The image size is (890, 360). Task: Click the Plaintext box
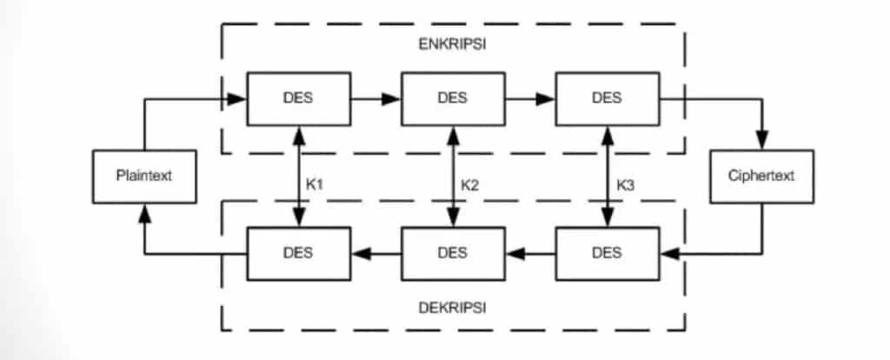coord(143,177)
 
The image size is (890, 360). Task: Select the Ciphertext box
coord(761,177)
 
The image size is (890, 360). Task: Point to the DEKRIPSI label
coord(453,308)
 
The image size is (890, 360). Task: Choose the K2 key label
coord(470,184)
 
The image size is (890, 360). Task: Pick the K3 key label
coord(626,184)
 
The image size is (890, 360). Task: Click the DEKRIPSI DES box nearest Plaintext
coord(299,254)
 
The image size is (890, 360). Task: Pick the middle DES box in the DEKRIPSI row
coord(453,254)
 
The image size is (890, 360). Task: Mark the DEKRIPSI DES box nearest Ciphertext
coord(607,254)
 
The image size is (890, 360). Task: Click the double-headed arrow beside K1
coord(299,177)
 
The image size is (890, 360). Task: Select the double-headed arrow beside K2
coord(453,177)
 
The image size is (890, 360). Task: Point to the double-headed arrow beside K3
coord(607,177)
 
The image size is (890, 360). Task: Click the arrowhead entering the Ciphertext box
coord(762,142)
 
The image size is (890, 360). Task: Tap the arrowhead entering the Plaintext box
coord(144,212)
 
